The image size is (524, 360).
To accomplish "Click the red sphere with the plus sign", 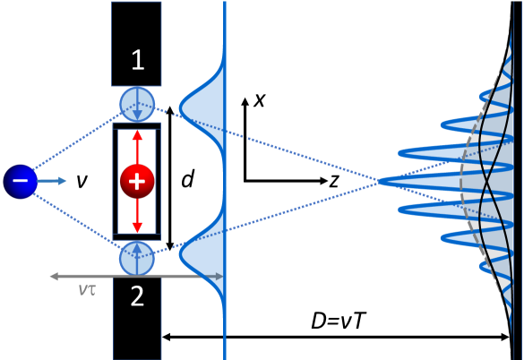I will [137, 181].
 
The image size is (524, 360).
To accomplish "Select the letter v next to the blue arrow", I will [82, 182].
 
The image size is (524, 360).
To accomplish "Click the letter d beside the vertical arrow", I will [187, 181].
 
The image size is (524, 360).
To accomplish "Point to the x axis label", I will [259, 99].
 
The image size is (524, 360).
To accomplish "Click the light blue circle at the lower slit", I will [137, 259].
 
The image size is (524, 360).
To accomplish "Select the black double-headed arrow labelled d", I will [169, 181].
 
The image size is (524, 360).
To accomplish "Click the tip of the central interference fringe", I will [381, 182].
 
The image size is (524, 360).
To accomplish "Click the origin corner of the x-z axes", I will [244, 180].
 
